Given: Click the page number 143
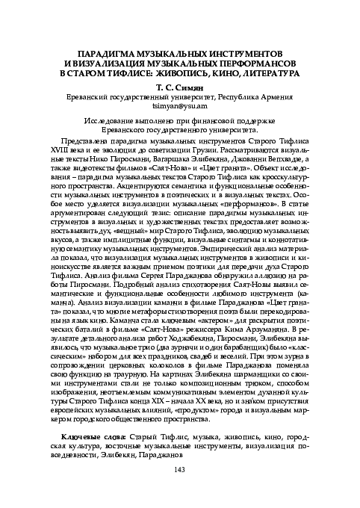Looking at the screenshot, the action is (x=179, y=490).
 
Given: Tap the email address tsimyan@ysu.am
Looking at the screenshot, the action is (x=179, y=105).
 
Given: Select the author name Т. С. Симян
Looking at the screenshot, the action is (x=179, y=86).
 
